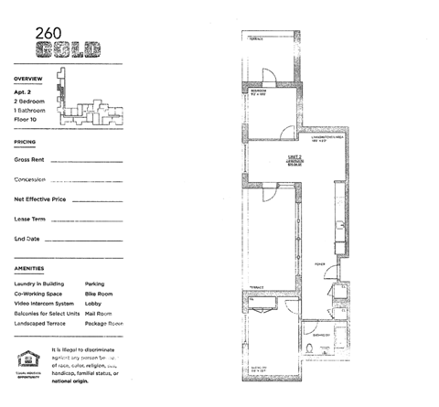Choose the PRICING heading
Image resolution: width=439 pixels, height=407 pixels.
coord(26,144)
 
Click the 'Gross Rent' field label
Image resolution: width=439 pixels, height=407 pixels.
coord(30,159)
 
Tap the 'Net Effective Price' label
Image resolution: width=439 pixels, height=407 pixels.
coord(39,198)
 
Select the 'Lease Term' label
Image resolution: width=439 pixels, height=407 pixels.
coord(30,219)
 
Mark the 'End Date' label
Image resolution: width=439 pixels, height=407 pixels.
coord(27,239)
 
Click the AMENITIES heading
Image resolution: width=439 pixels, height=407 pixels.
coord(29,268)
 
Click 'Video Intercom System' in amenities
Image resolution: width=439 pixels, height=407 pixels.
coord(44,304)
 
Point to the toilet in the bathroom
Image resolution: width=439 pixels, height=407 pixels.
coord(337,348)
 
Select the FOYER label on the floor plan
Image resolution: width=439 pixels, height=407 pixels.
coord(320,263)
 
